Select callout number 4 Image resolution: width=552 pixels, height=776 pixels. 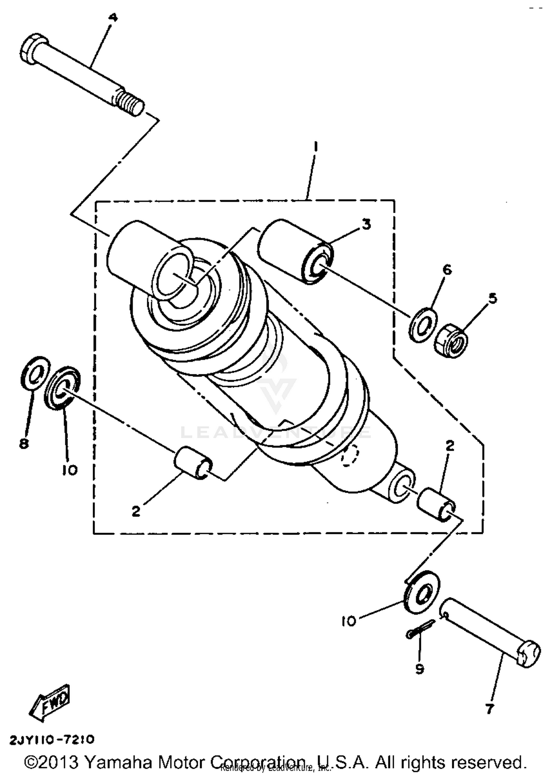113,18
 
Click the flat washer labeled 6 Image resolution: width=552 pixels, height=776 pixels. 423,325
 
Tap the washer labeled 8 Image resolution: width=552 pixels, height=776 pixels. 35,372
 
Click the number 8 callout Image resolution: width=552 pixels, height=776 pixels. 24,444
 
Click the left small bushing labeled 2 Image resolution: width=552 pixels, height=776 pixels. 192,462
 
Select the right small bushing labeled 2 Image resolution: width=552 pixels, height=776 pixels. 436,504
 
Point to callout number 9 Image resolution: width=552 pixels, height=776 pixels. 420,669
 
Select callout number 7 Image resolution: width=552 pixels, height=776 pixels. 489,709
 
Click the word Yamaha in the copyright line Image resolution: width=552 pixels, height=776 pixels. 118,762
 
